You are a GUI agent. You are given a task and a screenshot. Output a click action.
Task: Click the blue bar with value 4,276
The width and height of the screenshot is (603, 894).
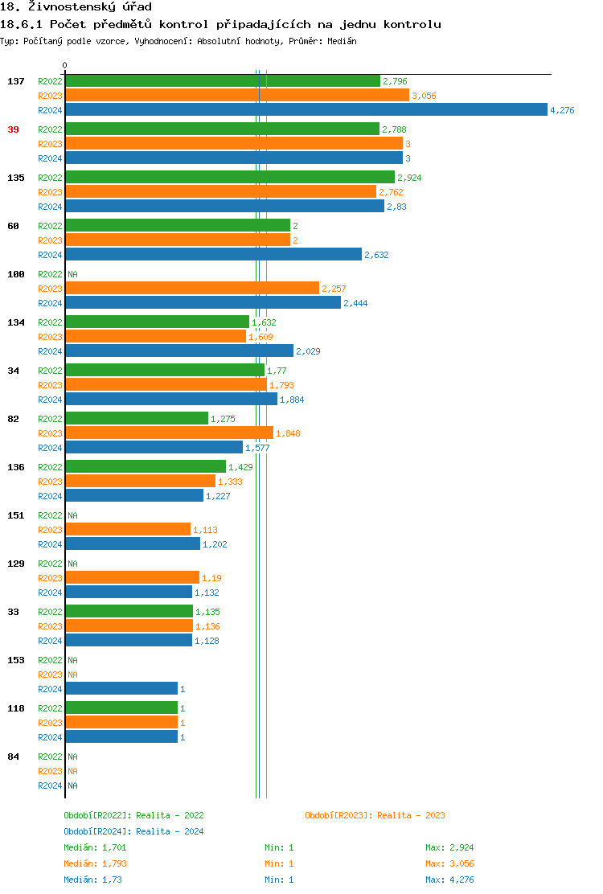pyautogui.click(x=306, y=110)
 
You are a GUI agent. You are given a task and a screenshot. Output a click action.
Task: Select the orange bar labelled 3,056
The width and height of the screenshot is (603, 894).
pyautogui.click(x=237, y=96)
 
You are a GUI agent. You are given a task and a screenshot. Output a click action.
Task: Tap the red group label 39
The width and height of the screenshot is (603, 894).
pyautogui.click(x=14, y=129)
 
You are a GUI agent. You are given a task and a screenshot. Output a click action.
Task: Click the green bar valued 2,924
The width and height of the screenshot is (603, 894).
pyautogui.click(x=230, y=178)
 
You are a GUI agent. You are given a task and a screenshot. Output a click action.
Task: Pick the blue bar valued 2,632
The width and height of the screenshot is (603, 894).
pyautogui.click(x=213, y=255)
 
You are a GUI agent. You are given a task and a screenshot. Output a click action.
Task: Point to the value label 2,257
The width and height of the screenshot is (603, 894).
pyautogui.click(x=334, y=289)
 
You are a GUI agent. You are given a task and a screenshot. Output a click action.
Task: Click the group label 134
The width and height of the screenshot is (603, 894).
pyautogui.click(x=16, y=322)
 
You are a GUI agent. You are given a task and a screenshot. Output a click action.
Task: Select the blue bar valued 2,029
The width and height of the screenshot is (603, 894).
pyautogui.click(x=179, y=351)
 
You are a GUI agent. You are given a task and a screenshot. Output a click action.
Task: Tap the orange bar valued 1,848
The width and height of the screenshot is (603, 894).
pyautogui.click(x=169, y=433)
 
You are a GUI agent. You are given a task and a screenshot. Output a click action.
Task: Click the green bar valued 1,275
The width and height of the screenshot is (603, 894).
pyautogui.click(x=137, y=419)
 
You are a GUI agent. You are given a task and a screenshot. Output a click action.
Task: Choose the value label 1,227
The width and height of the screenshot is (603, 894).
pyautogui.click(x=218, y=496)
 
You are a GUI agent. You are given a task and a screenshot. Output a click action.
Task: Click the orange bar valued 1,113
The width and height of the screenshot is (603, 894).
pyautogui.click(x=128, y=530)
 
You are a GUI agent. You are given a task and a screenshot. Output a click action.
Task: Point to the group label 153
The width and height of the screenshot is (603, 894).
pyautogui.click(x=16, y=660)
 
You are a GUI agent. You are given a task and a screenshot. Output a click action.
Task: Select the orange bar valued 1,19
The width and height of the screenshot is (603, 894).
pyautogui.click(x=132, y=578)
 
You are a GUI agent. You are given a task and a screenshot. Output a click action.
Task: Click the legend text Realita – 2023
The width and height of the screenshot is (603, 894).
pyautogui.click(x=411, y=815)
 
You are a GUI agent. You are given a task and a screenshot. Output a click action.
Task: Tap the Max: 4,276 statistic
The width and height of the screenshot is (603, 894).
pyautogui.click(x=449, y=880)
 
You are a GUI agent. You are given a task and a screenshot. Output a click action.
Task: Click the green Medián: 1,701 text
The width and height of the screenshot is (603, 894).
pyautogui.click(x=95, y=847)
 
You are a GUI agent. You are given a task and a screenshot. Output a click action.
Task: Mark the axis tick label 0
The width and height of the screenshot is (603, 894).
pyautogui.click(x=65, y=65)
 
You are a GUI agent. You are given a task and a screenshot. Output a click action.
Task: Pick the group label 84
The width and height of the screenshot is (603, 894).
pyautogui.click(x=14, y=757)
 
